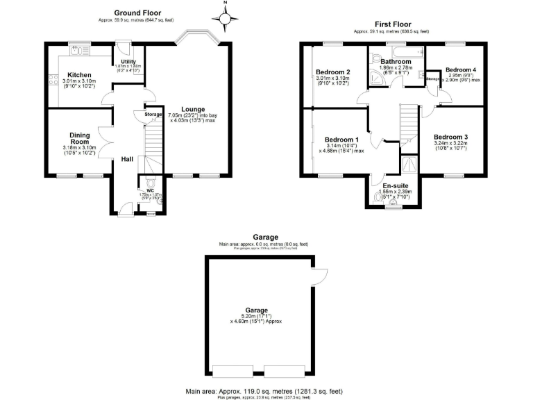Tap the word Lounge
192,110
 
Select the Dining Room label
80,139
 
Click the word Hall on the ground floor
127,159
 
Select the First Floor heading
391,24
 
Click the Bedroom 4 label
461,70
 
